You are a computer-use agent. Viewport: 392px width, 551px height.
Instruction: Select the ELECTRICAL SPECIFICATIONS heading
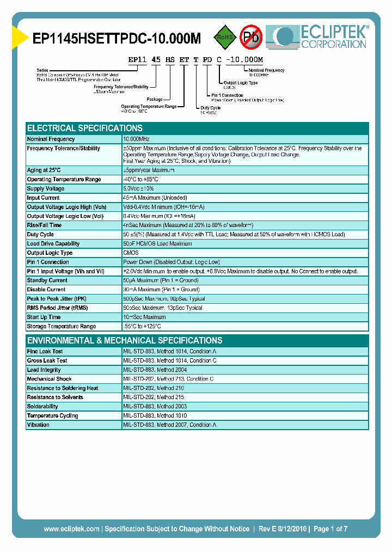coord(85,128)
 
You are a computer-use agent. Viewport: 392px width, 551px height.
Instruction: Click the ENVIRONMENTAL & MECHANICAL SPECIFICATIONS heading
coord(125,340)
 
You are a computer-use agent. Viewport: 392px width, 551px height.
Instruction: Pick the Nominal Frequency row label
coord(51,139)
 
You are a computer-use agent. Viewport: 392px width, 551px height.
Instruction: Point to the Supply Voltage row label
coord(46,188)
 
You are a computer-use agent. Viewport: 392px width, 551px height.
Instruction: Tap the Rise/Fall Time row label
coord(44,225)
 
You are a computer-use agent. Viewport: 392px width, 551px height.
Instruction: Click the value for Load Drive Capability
coord(158,243)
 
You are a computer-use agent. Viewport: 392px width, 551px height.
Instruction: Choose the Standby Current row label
coord(47,280)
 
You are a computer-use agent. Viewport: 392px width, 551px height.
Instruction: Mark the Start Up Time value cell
coord(145,317)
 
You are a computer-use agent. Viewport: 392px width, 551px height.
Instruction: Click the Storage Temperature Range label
coord(62,326)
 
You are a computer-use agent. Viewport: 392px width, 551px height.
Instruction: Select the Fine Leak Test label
coord(45,351)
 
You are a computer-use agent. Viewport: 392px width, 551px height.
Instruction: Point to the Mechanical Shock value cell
coord(168,379)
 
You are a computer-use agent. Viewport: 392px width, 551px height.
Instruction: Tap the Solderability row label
coord(42,406)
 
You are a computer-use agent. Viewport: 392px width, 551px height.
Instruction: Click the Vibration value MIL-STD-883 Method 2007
coord(170,425)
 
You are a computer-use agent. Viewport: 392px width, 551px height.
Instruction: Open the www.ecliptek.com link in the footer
coord(71,529)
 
